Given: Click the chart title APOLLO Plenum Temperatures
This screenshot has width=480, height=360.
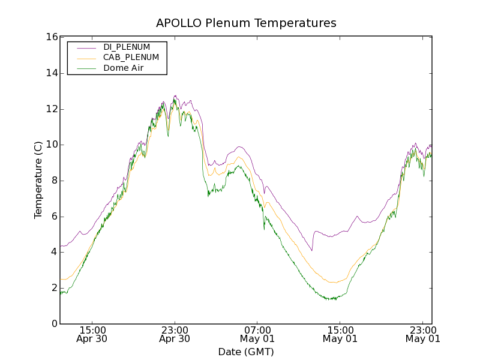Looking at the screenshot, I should [x=246, y=23].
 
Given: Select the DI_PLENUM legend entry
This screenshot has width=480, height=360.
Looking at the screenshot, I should [x=127, y=47].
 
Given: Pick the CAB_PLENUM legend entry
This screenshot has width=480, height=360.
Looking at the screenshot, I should [x=131, y=58].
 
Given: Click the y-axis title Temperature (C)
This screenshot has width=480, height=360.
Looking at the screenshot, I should [x=38, y=180].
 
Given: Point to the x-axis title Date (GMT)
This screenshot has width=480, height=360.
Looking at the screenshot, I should [x=246, y=352].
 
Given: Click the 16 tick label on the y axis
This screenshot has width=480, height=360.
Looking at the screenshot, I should [x=51, y=37].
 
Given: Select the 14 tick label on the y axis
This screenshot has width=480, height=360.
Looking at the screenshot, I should [x=51, y=73].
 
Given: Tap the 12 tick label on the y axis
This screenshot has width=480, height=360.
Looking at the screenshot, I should [x=51, y=109].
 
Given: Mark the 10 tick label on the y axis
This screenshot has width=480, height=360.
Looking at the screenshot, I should [x=51, y=145].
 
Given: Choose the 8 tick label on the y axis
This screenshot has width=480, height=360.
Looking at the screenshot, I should [x=53, y=181].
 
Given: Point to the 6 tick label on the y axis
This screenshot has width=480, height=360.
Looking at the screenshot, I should [x=53, y=217].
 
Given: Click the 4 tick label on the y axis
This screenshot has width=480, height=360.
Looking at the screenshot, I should [x=53, y=252].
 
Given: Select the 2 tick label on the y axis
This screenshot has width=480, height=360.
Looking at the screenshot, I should [x=53, y=288].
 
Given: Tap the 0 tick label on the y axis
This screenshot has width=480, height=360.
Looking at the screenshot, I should [x=53, y=324].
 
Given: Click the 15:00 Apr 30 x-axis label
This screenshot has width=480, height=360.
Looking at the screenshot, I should [x=92, y=334].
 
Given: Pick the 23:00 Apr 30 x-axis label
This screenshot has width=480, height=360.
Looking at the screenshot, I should [x=175, y=334].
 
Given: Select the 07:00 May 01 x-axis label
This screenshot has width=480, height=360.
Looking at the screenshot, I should [x=257, y=334].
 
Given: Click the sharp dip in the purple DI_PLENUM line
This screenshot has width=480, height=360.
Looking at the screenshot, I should [x=311, y=250].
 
